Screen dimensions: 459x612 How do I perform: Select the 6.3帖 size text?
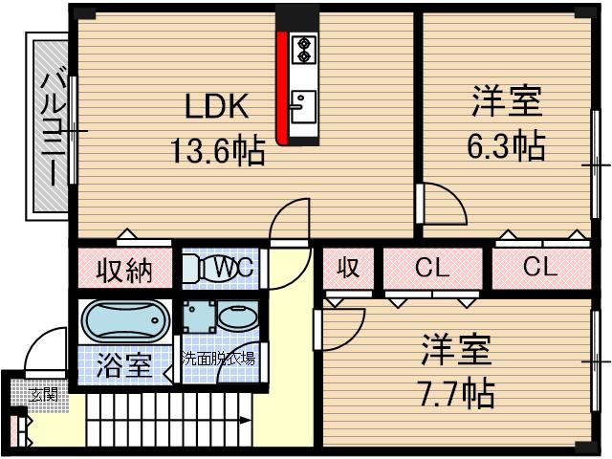506,145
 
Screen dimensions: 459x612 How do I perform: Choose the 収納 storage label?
124,271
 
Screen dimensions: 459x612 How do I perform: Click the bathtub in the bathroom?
125,317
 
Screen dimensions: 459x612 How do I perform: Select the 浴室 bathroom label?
124,364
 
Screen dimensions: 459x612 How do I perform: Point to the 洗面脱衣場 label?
220,360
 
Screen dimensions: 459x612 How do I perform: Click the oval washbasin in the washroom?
234,316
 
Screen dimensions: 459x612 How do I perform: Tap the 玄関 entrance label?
41,394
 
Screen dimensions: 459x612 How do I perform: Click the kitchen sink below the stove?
303,103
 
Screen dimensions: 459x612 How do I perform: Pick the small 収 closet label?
348,269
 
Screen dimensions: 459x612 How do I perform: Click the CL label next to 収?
431,269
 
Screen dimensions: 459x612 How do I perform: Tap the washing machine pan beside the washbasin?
199,316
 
